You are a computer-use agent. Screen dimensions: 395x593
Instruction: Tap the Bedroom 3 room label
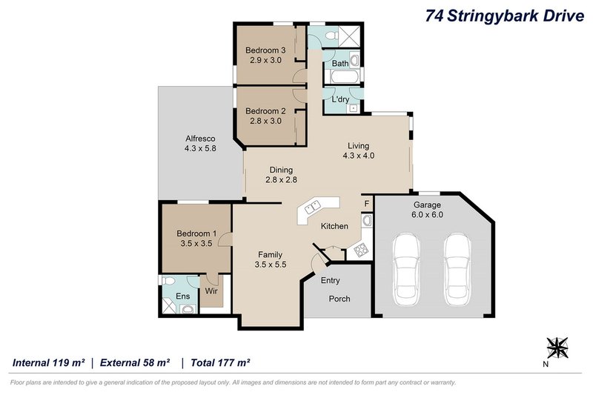pos(265,50)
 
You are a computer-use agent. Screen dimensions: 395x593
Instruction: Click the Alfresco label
pos(200,139)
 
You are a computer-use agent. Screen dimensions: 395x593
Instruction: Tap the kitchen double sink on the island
pos(312,209)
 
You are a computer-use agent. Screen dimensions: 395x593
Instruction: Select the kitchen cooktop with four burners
pos(362,250)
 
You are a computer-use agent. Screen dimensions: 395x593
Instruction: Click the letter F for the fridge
pos(365,203)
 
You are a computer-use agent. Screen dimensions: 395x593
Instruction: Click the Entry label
pos(331,280)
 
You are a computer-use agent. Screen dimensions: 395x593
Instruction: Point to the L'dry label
pos(341,99)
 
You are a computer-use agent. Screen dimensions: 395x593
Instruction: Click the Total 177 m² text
pos(220,362)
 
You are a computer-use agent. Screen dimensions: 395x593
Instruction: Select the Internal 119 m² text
pos(47,362)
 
